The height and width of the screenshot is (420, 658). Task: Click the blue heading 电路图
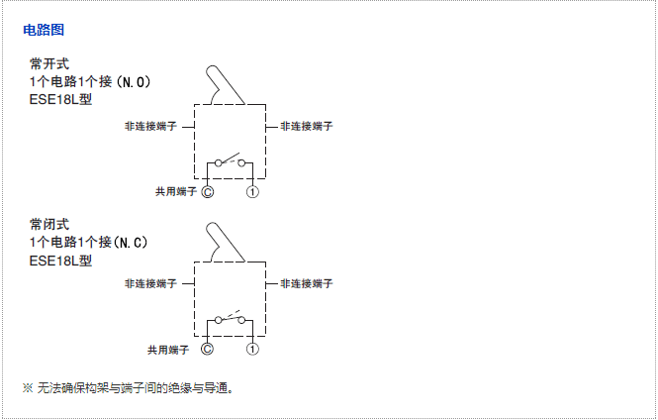click(x=44, y=31)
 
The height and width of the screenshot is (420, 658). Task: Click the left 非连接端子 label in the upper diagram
click(x=150, y=127)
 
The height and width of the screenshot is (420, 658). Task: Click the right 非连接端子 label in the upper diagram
click(x=307, y=127)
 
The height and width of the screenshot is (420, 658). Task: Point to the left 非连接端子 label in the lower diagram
click(x=150, y=283)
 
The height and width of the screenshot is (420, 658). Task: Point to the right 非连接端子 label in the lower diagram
click(x=307, y=283)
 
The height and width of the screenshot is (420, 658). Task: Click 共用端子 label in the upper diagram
click(x=174, y=191)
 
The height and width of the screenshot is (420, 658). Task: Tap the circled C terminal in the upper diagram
click(x=207, y=191)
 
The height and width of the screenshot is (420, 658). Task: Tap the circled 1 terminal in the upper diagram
click(x=253, y=191)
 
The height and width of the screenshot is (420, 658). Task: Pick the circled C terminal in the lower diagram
click(x=207, y=349)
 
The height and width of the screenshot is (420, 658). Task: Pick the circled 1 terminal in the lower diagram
click(x=253, y=349)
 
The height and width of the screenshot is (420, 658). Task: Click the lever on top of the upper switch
click(x=224, y=85)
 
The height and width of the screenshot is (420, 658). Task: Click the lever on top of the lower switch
click(x=224, y=243)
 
